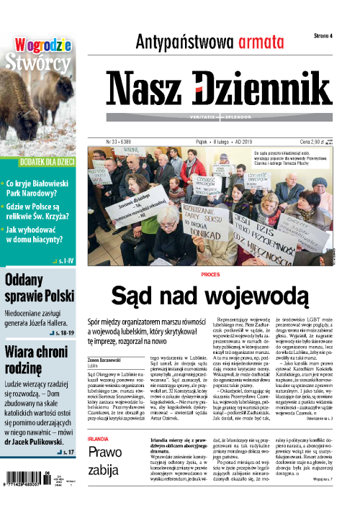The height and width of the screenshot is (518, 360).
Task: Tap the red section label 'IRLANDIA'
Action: tap(98, 438)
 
